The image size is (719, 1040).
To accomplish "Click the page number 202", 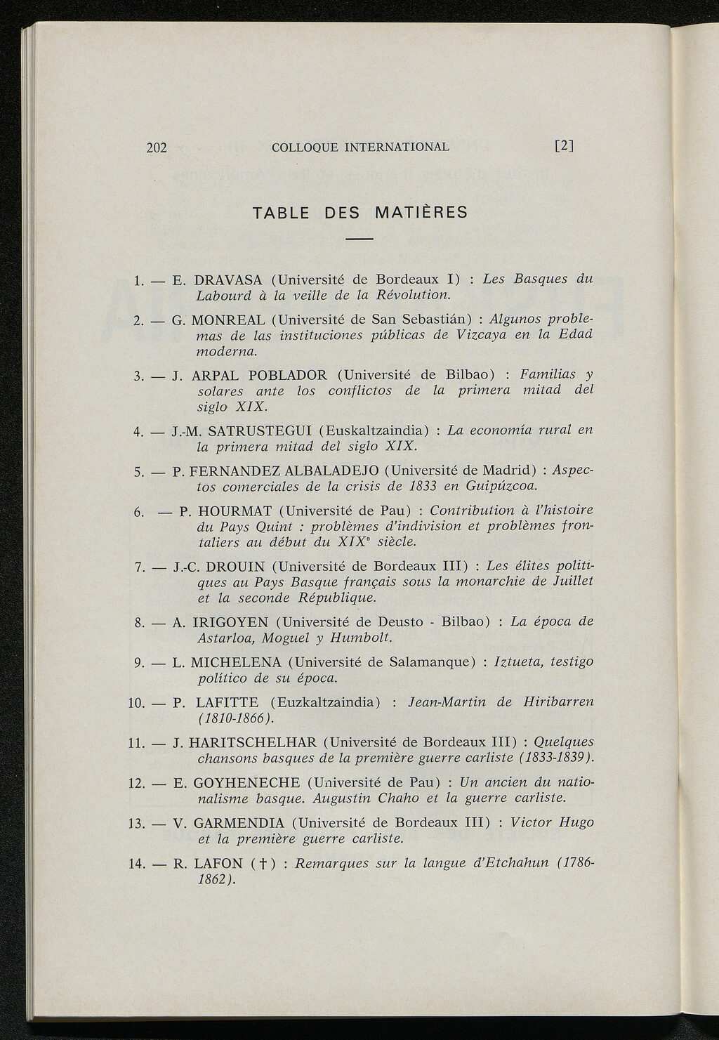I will point(157,147).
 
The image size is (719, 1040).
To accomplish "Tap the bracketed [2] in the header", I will point(564,147).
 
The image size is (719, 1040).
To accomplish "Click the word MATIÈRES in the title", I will point(421,212).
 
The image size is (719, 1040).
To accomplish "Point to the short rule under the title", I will point(359,241).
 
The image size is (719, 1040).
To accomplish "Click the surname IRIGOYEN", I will point(230,622).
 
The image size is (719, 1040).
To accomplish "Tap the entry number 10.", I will point(136,702).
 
